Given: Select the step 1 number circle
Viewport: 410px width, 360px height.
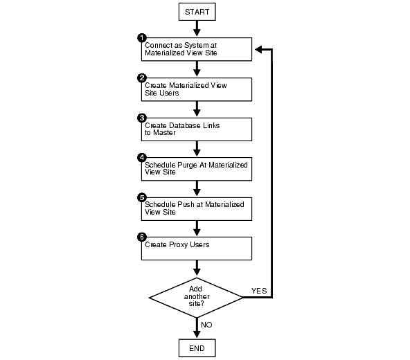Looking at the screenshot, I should tap(142, 37).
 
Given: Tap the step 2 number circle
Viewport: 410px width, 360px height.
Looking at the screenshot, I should tap(142, 78).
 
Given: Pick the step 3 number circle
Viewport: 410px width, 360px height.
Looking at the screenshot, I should tap(142, 118).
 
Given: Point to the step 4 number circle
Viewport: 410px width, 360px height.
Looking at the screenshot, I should tap(142, 158).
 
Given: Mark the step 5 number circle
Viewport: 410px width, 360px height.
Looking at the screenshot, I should tap(142, 197).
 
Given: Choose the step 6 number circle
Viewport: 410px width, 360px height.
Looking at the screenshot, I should tap(142, 237).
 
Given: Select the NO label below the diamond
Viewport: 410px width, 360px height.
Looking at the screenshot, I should tap(206, 323).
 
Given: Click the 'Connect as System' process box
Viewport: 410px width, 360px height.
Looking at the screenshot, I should tap(197, 49).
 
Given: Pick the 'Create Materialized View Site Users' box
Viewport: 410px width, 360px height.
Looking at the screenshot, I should tap(197, 89).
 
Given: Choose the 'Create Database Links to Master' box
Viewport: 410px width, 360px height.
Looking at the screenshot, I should tap(197, 129).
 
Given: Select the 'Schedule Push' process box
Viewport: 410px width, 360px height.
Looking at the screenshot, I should tap(197, 209).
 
